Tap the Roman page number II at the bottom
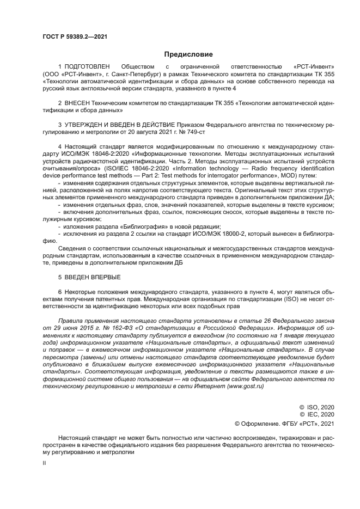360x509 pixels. coord(45,462)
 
